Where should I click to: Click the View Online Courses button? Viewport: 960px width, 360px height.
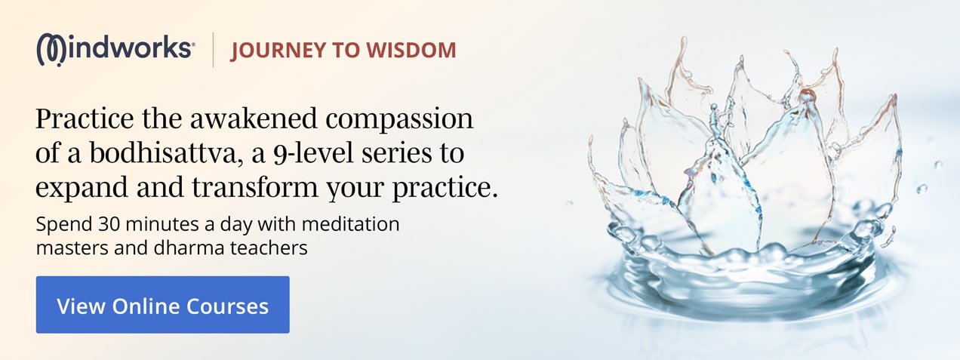tap(163, 305)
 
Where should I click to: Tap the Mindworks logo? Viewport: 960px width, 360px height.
tap(115, 49)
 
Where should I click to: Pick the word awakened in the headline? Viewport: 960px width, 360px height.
tap(254, 118)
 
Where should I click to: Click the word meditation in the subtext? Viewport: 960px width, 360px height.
tap(351, 224)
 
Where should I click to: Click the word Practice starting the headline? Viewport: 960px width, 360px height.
tap(85, 118)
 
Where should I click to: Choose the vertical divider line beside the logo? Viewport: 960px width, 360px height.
tap(213, 49)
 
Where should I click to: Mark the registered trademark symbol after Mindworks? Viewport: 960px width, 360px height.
tap(193, 44)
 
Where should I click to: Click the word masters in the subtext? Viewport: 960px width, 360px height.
tap(72, 248)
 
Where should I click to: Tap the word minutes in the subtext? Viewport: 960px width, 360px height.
tap(162, 224)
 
